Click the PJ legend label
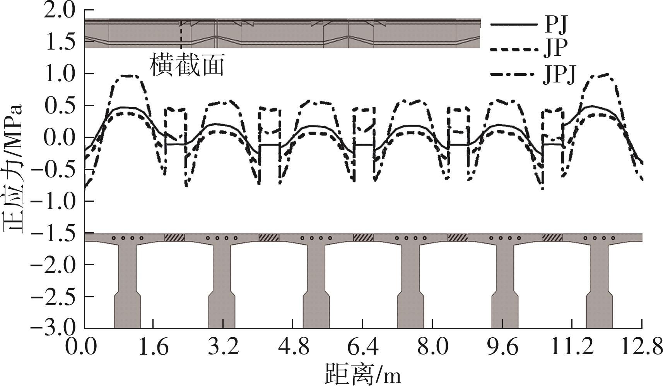click(x=556, y=24)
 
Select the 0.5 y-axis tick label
click(x=60, y=106)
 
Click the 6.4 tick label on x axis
click(x=363, y=347)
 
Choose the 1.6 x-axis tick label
click(x=154, y=347)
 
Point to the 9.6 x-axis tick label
click(x=502, y=347)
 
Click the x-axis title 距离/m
click(x=363, y=373)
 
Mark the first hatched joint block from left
click(x=175, y=237)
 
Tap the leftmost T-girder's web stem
click(x=127, y=267)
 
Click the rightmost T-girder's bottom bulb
click(x=599, y=312)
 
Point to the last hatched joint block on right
click(x=552, y=237)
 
